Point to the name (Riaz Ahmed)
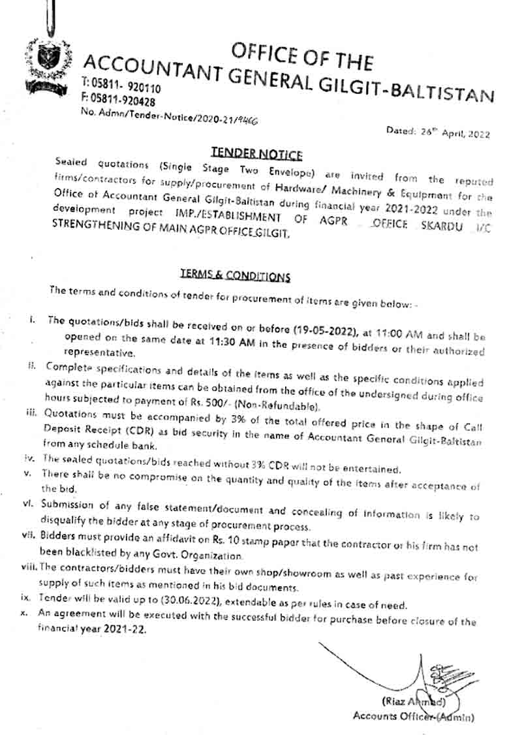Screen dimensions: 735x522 414,702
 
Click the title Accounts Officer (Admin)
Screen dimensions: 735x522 413,716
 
